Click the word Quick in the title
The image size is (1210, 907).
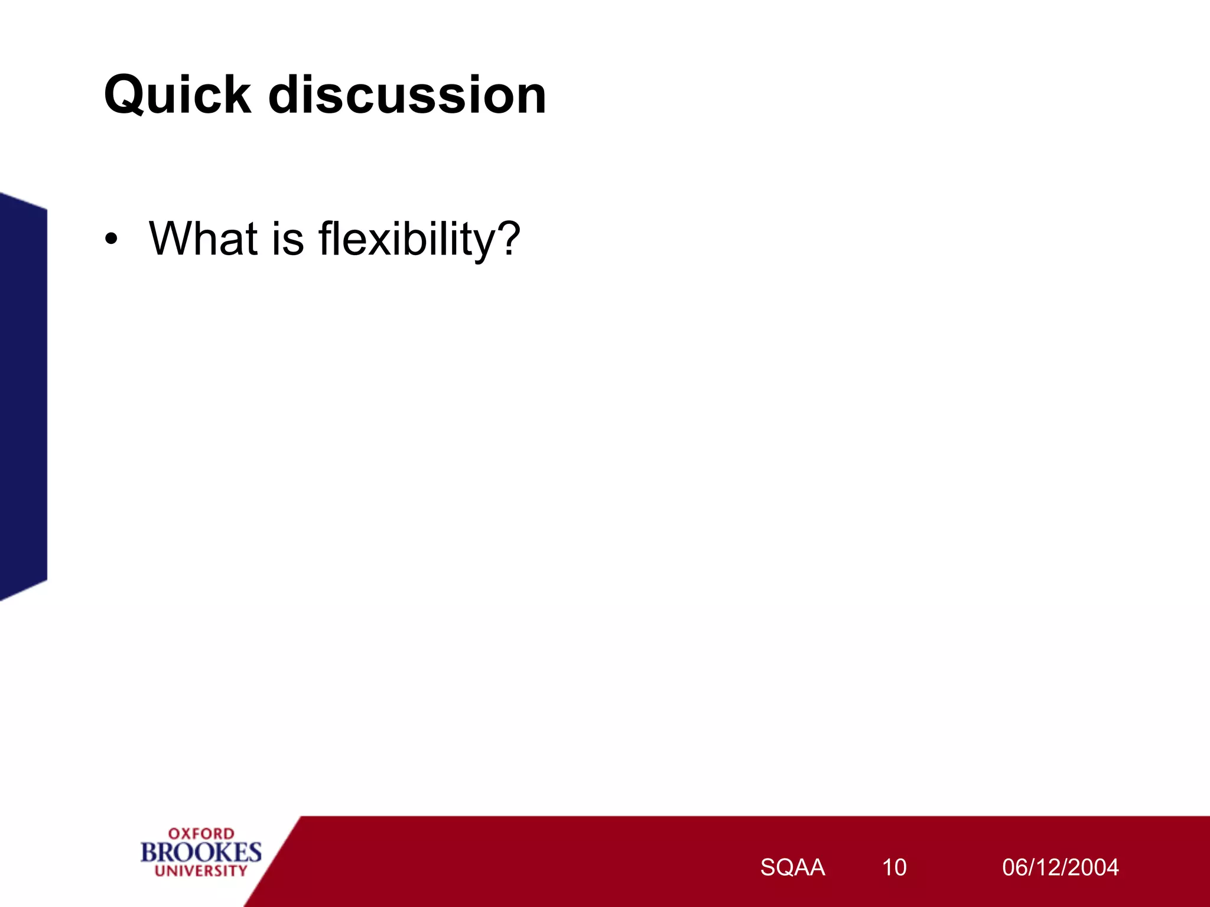point(177,96)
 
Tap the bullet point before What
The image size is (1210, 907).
point(111,240)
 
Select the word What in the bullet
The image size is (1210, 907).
point(203,239)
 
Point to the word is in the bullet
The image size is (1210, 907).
point(288,239)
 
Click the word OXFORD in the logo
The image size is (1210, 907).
point(201,833)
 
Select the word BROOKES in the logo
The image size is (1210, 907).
point(201,852)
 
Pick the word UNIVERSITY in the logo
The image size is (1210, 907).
point(201,871)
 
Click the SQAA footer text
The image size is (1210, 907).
point(792,867)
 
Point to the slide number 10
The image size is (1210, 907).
point(894,867)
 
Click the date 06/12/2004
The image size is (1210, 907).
point(1060,867)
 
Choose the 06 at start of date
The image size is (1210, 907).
point(1014,867)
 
